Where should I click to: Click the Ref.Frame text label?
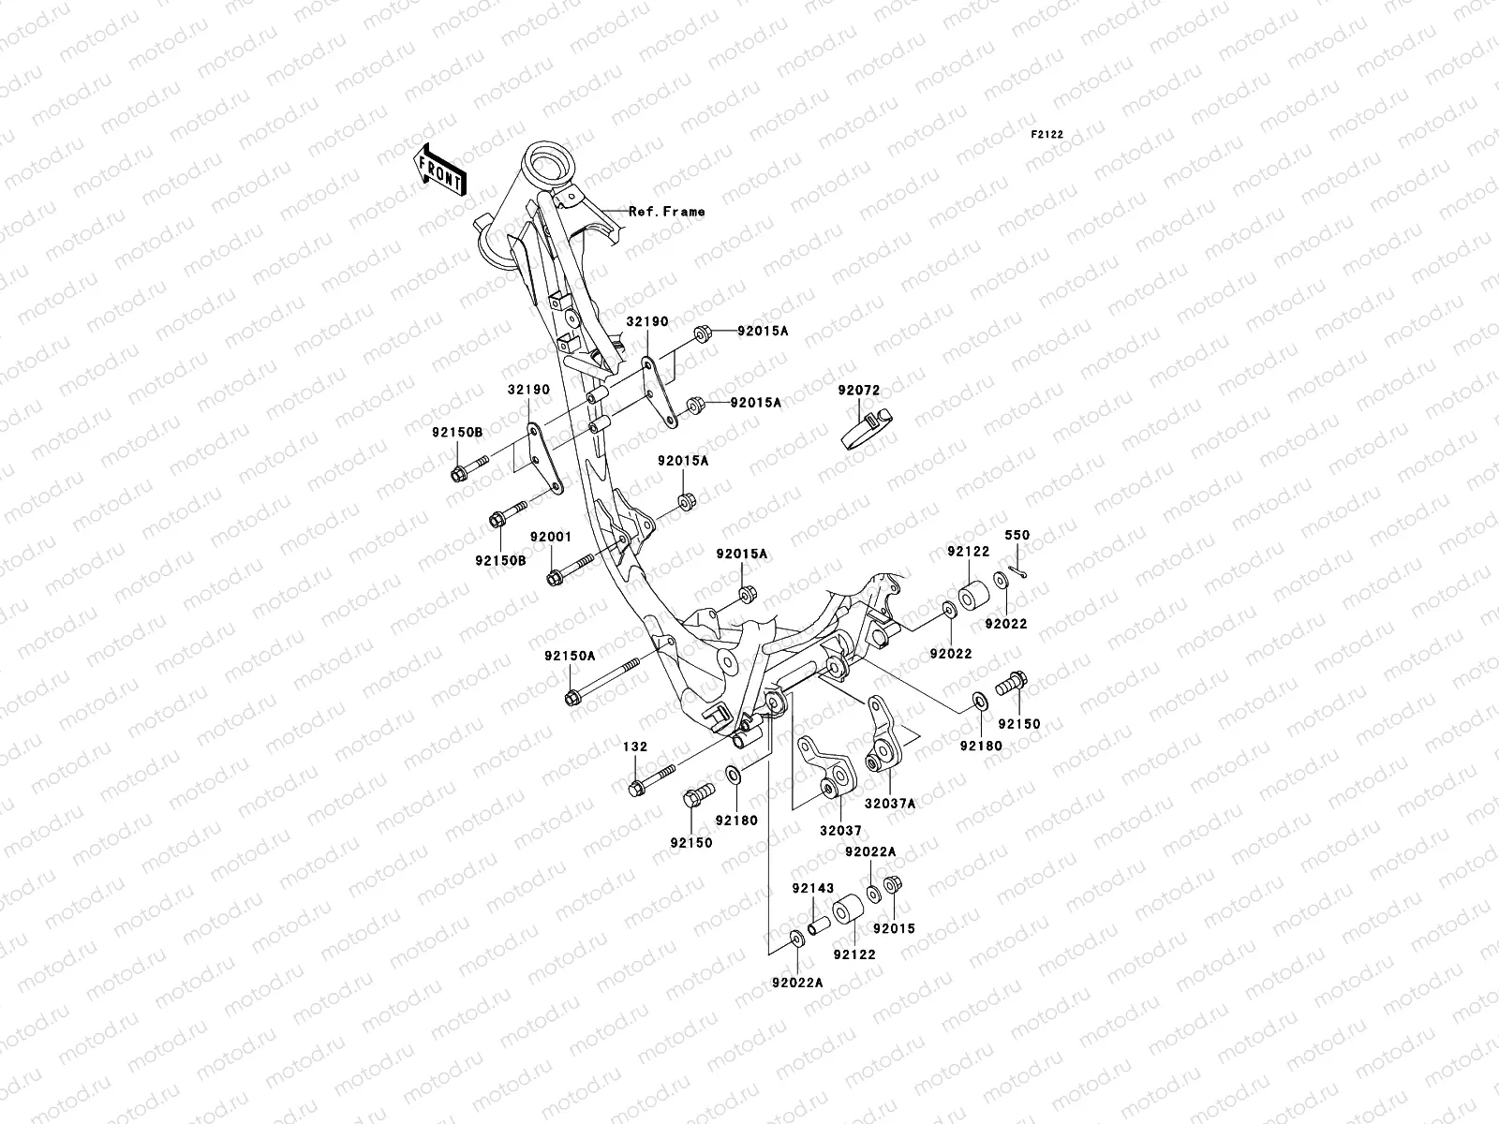click(x=666, y=212)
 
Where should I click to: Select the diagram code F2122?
click(x=1047, y=135)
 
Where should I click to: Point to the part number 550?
click(x=1017, y=536)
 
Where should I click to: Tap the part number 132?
click(x=634, y=747)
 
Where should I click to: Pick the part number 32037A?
click(x=889, y=803)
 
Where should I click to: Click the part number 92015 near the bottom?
click(x=894, y=929)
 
